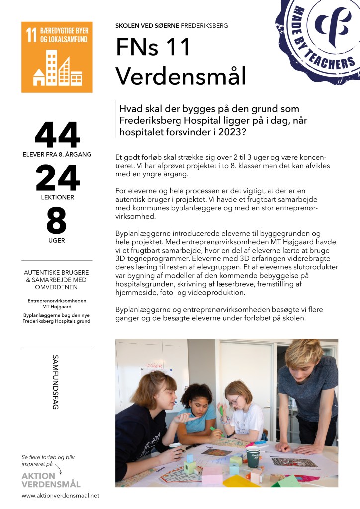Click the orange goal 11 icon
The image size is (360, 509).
pos(57,58)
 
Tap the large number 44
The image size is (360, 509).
pos(57,135)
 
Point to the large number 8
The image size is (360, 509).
pos(57,222)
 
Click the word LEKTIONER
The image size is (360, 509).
pos(57,197)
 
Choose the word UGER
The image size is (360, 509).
pos(57,241)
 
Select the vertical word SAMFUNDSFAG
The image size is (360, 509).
pos(55,382)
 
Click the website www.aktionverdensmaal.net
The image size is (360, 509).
pos(61,496)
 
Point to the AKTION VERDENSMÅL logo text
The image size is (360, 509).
pos(51,480)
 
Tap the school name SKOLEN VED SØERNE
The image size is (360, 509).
pos(147,25)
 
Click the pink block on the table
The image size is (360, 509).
pos(212,474)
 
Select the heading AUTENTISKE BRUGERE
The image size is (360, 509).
pos(57,273)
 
